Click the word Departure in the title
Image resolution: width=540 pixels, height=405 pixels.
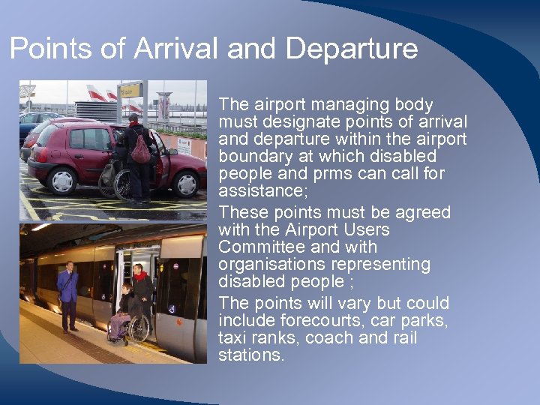[351, 49]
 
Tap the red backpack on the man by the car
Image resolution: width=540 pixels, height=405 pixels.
[140, 150]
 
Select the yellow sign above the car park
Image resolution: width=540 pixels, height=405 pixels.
[131, 91]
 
